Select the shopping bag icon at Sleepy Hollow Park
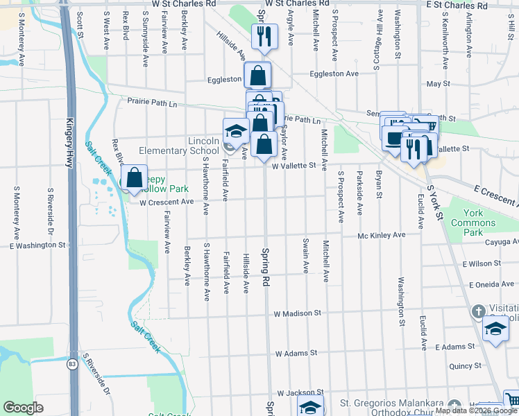tap(134, 177)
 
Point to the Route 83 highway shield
tap(72, 363)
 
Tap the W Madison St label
tap(297, 313)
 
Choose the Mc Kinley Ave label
tap(381, 236)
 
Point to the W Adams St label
tap(297, 353)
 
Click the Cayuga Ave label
tap(502, 242)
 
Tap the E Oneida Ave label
tap(492, 284)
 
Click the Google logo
tap(23, 408)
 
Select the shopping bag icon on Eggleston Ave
tap(257, 75)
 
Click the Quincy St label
tap(465, 365)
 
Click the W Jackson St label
tap(300, 392)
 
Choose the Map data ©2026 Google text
tap(476, 410)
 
